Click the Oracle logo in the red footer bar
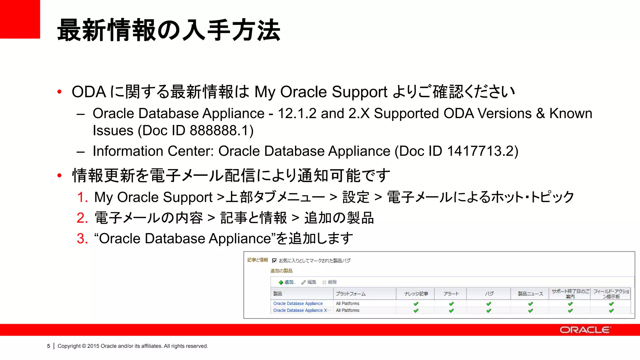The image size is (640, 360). coord(585,330)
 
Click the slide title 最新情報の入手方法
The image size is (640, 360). coord(169,30)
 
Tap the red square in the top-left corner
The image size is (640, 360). coord(20,19)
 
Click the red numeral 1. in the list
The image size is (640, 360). coord(82,197)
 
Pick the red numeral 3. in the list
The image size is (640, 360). coord(82,239)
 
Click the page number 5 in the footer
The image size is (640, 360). coord(48,346)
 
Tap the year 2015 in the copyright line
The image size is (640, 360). coord(93,346)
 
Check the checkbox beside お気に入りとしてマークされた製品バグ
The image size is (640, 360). coord(274,261)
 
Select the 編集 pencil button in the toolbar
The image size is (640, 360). coord(309,282)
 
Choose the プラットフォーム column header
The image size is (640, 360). coord(351,294)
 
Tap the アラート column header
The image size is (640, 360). coord(451,294)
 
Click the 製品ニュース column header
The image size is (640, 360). coord(530,294)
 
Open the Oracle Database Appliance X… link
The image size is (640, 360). coord(302,310)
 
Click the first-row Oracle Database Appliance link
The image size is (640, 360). coord(298,303)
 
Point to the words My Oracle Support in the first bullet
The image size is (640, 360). coord(321,92)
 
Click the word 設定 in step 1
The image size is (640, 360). coord(356,197)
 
